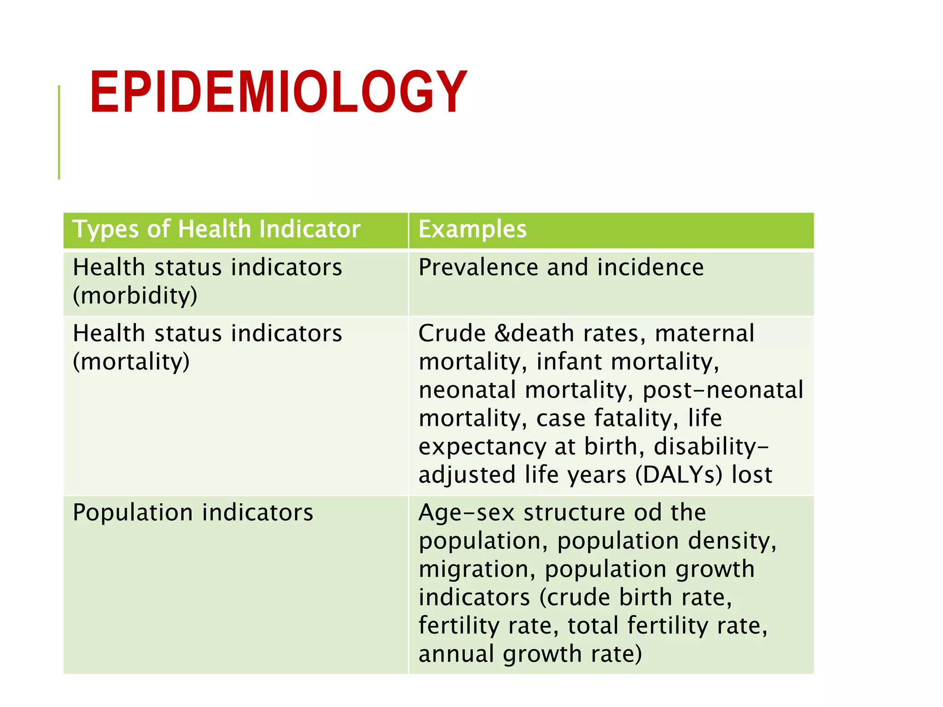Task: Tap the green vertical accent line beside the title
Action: pos(59,133)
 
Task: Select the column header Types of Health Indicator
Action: pos(216,229)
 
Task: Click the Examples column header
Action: pos(472,229)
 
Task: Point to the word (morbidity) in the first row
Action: pos(135,296)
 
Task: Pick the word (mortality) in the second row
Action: pos(131,361)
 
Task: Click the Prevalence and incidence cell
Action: pos(561,267)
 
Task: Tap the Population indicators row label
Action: pos(193,512)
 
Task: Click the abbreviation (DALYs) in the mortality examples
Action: pos(679,475)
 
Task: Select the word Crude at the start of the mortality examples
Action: pos(452,333)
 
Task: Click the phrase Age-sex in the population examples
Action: pos(466,513)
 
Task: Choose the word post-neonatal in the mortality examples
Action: pos(723,390)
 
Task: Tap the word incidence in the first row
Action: pos(650,267)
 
